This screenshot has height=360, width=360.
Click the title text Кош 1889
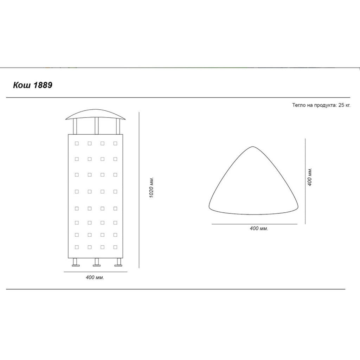(x=33, y=85)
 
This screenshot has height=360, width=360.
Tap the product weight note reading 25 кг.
(x=345, y=105)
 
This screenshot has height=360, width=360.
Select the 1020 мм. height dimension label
(x=151, y=188)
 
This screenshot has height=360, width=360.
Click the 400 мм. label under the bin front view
(x=95, y=277)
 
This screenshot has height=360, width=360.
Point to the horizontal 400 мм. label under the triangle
(x=259, y=229)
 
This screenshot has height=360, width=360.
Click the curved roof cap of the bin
(x=96, y=114)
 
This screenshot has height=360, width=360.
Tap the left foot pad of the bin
(x=76, y=266)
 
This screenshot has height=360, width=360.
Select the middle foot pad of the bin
(x=97, y=266)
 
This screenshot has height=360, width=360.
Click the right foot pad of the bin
(x=118, y=266)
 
